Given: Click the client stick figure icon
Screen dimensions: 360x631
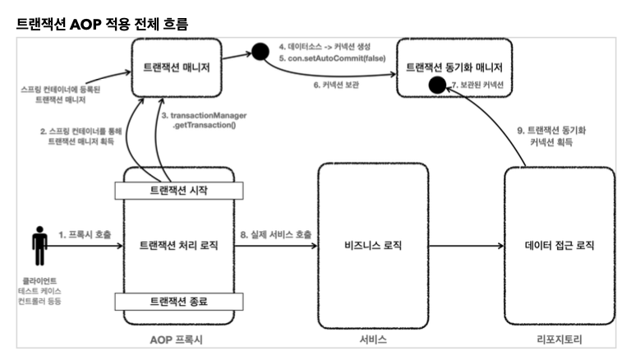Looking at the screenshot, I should point(39,244).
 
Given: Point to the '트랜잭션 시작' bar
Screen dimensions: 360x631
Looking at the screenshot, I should point(173,192).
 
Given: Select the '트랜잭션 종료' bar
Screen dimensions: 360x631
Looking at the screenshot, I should point(173,301).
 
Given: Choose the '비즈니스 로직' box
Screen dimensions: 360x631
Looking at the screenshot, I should point(374,245).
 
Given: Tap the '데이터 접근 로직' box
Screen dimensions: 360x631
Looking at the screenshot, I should point(559,245).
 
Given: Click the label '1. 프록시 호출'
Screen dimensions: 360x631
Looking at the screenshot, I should point(85,235).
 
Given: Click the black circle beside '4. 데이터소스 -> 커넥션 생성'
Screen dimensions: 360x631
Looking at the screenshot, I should point(260,53).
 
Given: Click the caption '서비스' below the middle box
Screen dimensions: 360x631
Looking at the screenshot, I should point(374,339).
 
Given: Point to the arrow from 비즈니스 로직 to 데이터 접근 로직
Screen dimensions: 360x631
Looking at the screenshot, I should point(466,245).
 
